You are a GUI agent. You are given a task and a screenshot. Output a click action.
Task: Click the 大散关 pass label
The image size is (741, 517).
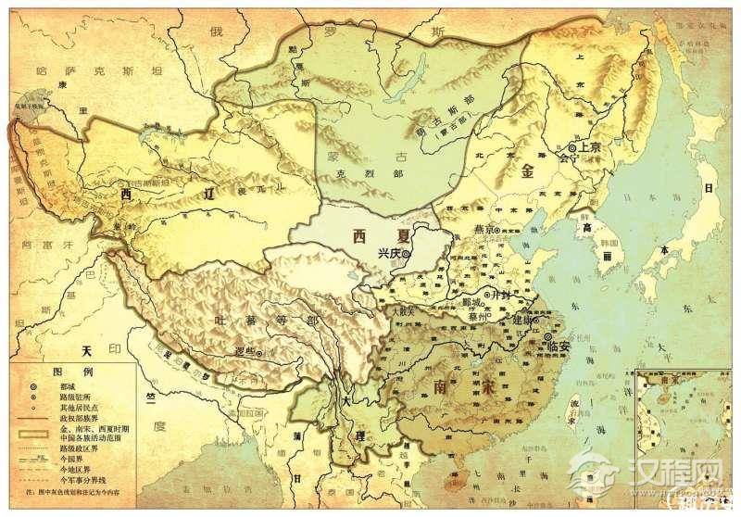coord(406,312)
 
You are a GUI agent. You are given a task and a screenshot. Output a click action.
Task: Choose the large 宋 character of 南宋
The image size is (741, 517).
coord(488,385)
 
